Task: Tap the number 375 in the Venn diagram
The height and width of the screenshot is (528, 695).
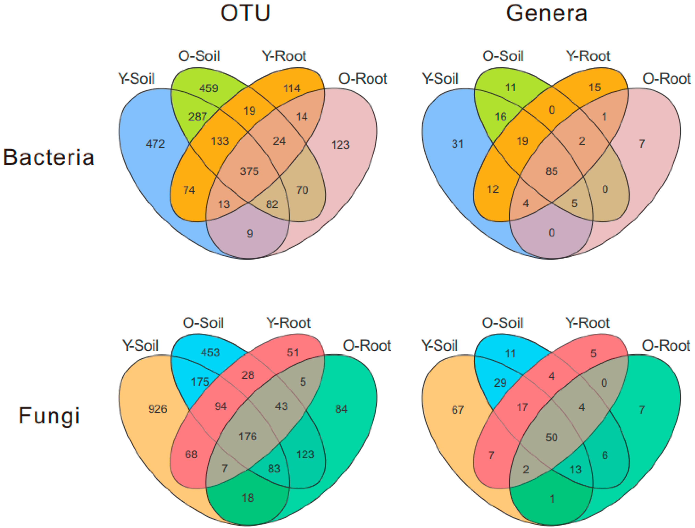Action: pos(249,171)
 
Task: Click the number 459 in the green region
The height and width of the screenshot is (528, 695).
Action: pos(208,88)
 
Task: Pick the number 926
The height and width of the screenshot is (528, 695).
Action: pos(158,409)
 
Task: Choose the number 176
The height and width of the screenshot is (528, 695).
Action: pos(248,436)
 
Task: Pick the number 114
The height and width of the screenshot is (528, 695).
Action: pos(292,88)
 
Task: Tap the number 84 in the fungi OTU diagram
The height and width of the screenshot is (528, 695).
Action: pos(341,409)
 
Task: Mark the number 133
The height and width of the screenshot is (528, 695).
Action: pos(220,141)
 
